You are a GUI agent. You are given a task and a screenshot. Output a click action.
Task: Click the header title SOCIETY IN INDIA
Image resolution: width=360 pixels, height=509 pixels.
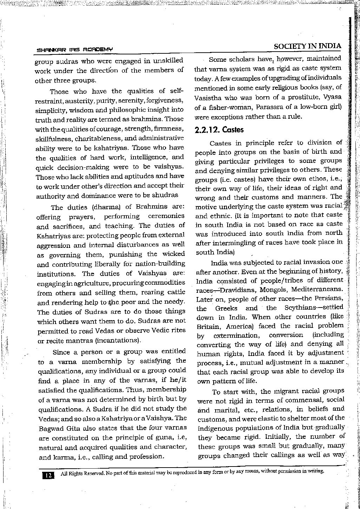click(308, 46)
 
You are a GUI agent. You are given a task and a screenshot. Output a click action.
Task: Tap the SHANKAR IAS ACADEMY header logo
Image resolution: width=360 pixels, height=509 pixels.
click(74, 50)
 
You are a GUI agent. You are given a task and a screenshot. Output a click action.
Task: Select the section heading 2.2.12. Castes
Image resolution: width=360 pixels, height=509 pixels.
click(219, 130)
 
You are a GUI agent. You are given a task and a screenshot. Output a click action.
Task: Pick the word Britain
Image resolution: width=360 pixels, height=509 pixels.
click(207, 326)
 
